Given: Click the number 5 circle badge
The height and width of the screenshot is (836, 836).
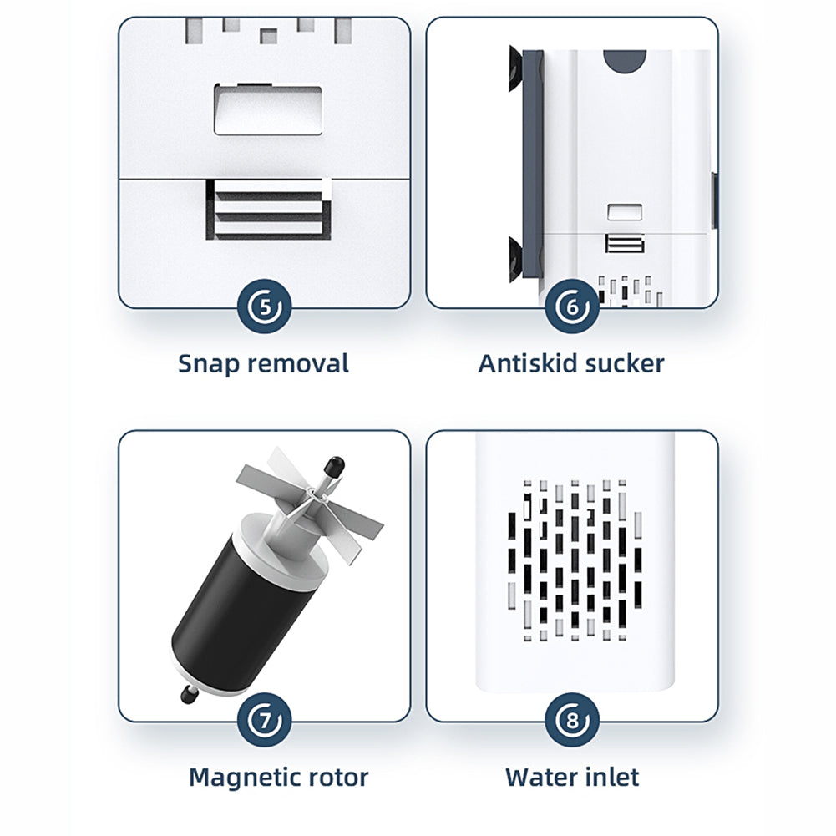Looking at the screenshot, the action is coord(265,307).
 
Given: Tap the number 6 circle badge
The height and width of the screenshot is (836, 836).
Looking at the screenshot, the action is coord(572,307).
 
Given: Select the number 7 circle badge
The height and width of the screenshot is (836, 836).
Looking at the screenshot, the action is coord(265,720).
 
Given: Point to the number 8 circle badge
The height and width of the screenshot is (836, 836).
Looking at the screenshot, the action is coord(572,720).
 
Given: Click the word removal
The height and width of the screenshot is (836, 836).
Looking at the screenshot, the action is coord(298,363).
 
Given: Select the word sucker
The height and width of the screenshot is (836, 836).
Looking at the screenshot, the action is coord(625,363).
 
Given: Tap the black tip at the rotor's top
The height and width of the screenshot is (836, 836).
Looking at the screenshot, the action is coord(333,465).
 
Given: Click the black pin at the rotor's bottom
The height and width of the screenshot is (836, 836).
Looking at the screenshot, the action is coord(190,694).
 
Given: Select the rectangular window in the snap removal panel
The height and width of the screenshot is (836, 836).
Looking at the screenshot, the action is coord(268,109).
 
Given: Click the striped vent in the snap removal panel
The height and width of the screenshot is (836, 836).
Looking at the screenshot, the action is coord(268,209).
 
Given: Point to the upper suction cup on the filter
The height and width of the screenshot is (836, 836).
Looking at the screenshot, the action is coord(515,68).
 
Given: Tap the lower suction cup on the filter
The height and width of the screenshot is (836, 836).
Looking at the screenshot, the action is coord(515,257).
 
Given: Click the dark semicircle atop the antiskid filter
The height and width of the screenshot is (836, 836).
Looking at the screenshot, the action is coord(625,58).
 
